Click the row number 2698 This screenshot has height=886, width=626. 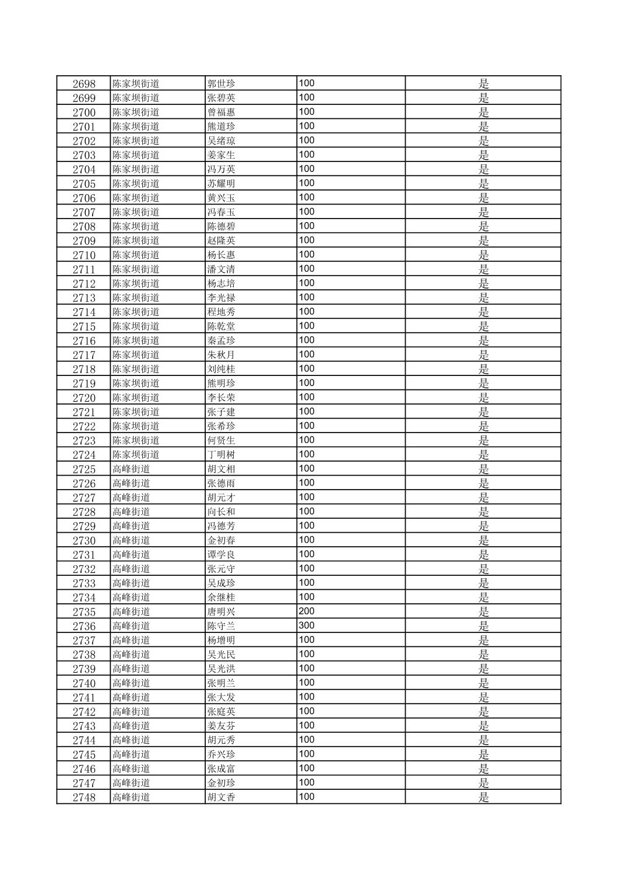[x=84, y=83]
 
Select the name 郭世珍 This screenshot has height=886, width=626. [x=221, y=83]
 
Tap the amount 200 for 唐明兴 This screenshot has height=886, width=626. [x=307, y=611]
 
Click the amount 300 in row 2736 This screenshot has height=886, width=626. [x=307, y=625]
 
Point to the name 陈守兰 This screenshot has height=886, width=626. [x=221, y=626]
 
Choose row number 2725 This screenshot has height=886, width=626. [x=84, y=469]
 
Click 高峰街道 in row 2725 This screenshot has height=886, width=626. [x=131, y=469]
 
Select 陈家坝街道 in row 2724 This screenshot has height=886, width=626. [x=136, y=455]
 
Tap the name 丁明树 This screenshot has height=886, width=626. [x=221, y=455]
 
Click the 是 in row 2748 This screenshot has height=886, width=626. [x=484, y=797]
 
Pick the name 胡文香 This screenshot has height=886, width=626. [x=221, y=797]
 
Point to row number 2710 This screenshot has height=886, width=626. [x=84, y=255]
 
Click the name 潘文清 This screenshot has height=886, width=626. [x=221, y=269]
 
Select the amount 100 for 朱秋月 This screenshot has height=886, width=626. [x=307, y=354]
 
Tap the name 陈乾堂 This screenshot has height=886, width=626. [x=221, y=326]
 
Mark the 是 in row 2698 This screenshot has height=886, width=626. [x=484, y=83]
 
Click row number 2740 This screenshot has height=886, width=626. [x=84, y=683]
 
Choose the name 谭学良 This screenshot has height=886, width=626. [x=221, y=554]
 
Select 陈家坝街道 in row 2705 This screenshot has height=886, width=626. [x=136, y=184]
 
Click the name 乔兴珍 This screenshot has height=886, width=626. [x=221, y=754]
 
